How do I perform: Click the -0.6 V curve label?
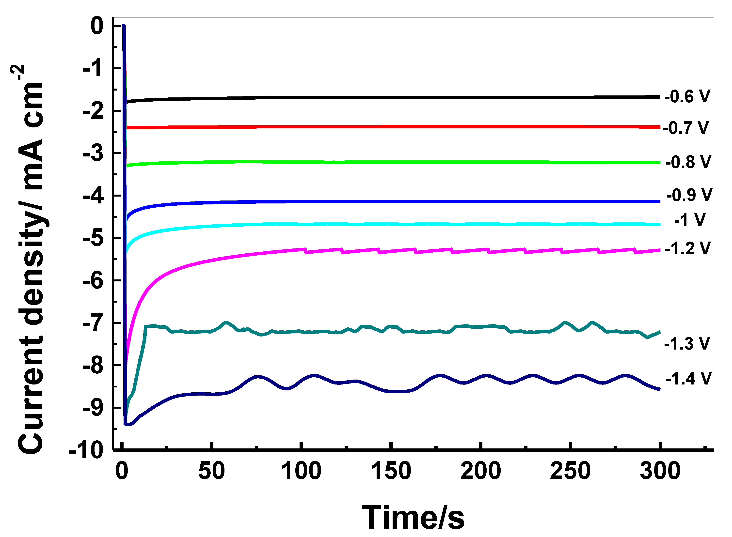click(687, 96)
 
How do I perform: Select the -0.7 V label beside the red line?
click(685, 128)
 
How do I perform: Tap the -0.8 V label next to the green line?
click(688, 162)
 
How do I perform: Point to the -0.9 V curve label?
click(689, 195)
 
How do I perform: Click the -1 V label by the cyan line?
click(690, 220)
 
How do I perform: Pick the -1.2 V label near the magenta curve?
click(687, 248)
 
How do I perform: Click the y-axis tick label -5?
click(93, 238)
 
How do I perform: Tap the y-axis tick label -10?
click(86, 451)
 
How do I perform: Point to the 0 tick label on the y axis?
click(97, 26)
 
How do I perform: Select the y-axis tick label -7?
click(93, 323)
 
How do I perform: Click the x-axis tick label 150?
click(391, 471)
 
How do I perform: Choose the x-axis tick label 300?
click(660, 471)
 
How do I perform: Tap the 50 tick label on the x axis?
click(211, 471)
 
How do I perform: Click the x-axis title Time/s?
click(413, 518)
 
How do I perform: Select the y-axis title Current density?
click(31, 260)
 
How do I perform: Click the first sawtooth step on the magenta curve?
click(306, 251)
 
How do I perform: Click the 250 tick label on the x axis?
click(570, 471)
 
